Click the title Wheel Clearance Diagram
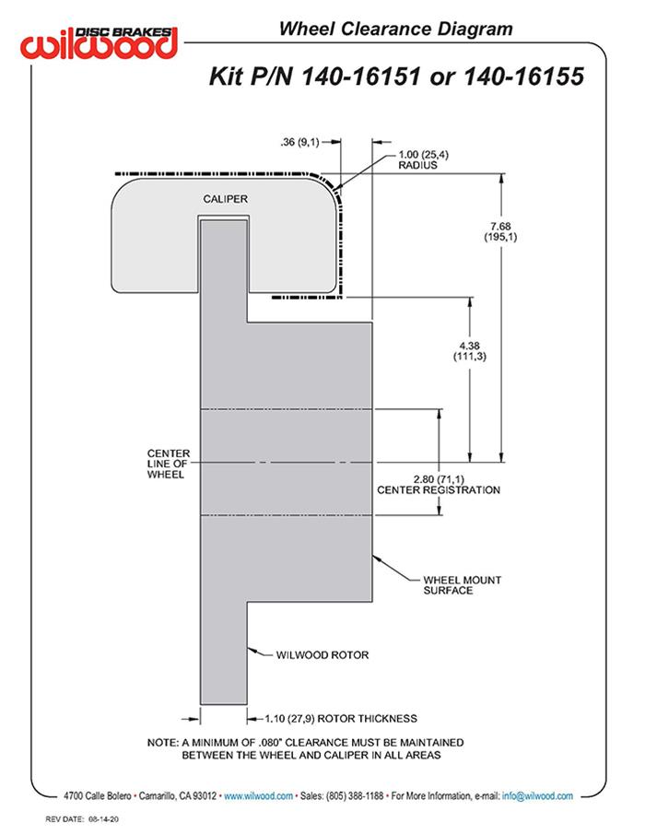coord(395,29)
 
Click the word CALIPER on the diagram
coord(225,198)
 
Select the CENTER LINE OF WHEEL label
coord(168,464)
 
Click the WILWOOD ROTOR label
coord(322,655)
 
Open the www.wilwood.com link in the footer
coord(259,795)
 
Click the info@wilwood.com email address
coord(538,795)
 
